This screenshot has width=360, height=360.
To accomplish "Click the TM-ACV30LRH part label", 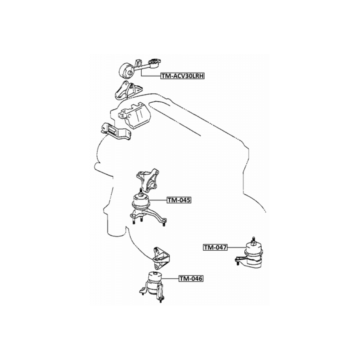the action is (x=183, y=76).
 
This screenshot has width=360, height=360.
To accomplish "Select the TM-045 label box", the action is (x=179, y=200).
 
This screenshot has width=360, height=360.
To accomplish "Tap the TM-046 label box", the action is (x=191, y=279).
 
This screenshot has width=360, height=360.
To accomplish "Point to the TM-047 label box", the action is (x=215, y=247).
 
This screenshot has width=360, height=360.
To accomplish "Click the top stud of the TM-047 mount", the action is (x=253, y=240).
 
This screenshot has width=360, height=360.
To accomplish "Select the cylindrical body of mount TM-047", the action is (x=253, y=255).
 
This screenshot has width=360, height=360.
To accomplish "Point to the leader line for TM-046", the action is (x=170, y=279).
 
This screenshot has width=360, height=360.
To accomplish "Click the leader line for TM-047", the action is (x=236, y=247).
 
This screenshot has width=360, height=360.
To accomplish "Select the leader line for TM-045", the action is (x=159, y=200).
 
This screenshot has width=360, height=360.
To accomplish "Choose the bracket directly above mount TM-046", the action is (x=161, y=258).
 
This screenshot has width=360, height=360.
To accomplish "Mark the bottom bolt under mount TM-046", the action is (x=161, y=300).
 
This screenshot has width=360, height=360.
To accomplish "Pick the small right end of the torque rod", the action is (x=155, y=63).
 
